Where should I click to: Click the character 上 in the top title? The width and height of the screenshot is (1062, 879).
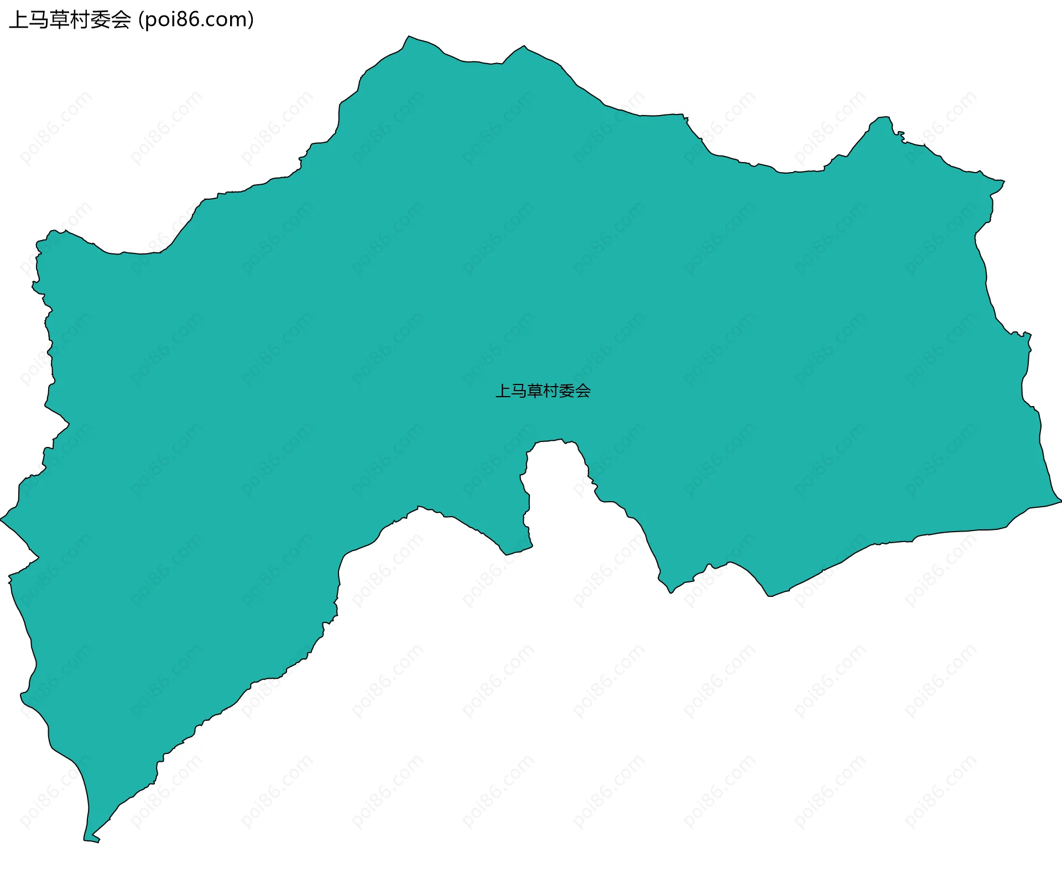(19, 20)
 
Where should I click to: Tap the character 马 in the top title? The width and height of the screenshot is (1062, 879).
(39, 20)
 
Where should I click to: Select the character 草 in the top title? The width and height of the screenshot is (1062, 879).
(60, 20)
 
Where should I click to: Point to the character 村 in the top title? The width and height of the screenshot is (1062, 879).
(80, 20)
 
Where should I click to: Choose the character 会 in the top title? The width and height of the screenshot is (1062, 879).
(121, 20)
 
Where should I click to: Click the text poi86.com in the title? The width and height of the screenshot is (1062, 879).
(196, 20)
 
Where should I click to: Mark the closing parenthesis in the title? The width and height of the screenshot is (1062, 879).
(251, 20)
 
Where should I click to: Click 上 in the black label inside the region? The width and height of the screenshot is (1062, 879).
(503, 391)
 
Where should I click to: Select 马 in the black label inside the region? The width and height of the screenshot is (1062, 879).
(519, 391)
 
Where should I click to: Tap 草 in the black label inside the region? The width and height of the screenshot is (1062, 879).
(535, 391)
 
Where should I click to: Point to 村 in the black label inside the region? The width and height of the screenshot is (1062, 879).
(551, 391)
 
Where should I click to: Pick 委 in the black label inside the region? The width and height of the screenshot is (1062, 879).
(567, 391)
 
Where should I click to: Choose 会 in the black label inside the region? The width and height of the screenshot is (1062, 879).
(583, 391)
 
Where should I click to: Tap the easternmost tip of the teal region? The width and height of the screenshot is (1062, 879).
(1060, 501)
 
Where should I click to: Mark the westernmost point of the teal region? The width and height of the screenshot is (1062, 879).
(2, 519)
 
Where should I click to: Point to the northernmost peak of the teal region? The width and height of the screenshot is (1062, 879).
(409, 37)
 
